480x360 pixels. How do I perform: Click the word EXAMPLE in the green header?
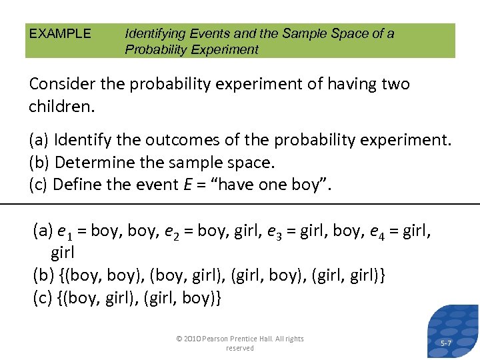(x=60, y=33)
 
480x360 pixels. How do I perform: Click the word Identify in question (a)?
(x=83, y=141)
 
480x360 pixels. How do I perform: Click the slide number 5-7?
(x=447, y=343)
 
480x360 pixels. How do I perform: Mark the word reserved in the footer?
(x=240, y=348)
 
